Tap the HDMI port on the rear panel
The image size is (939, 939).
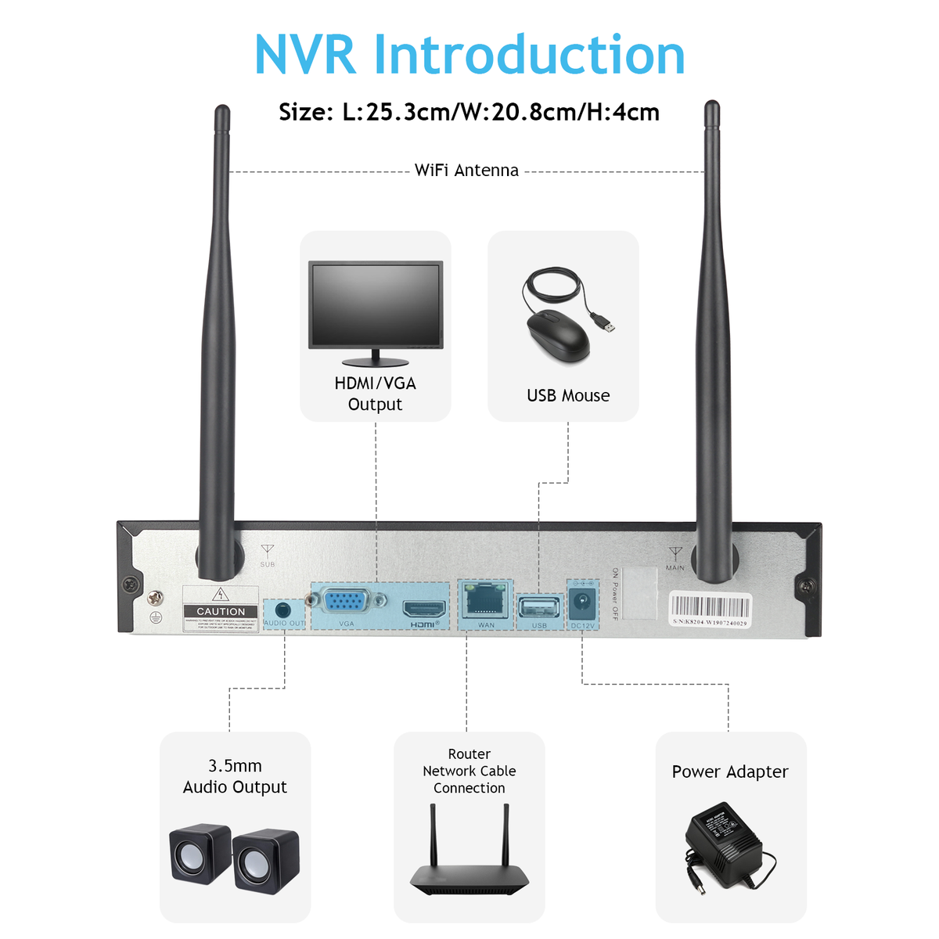point(424,609)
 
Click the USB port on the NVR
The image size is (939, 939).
point(539,608)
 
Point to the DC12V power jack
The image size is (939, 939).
point(582,603)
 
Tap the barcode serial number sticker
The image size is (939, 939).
point(710,610)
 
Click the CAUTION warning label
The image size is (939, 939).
point(221,611)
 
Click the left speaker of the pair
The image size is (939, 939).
point(200,854)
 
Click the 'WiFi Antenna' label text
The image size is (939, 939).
point(466,171)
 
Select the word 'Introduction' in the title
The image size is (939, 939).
point(529,55)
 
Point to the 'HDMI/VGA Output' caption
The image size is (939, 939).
point(376,394)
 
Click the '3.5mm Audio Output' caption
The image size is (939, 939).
point(235,776)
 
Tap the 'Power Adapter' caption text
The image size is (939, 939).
point(730,772)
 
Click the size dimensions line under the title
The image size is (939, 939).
point(469,112)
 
